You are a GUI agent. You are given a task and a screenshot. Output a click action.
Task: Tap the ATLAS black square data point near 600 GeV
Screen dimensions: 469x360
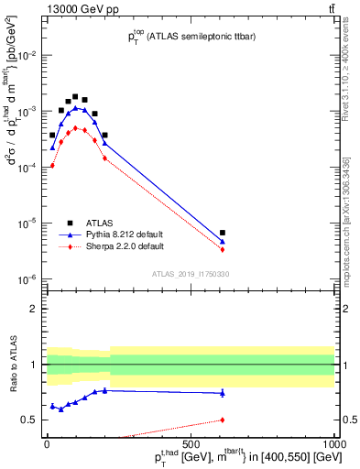tap(223, 233)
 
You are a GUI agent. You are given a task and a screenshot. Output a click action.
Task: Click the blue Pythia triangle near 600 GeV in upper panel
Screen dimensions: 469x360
tap(223, 242)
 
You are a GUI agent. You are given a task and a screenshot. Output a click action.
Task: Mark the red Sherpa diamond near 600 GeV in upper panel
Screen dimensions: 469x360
tap(223, 249)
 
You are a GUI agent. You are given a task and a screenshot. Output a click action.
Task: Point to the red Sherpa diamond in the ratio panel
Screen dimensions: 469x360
tap(223, 420)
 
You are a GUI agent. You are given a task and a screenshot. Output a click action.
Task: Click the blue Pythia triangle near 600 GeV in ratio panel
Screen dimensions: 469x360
tap(223, 393)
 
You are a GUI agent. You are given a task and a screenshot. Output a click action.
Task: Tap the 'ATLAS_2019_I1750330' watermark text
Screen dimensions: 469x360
tap(189, 273)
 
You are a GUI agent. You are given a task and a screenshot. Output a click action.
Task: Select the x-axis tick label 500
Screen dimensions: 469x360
tap(190, 442)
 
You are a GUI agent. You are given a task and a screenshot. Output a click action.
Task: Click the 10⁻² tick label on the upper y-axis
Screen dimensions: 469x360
tap(29, 56)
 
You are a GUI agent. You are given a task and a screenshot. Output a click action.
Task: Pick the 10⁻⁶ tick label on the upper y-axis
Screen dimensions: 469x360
tap(29, 279)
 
